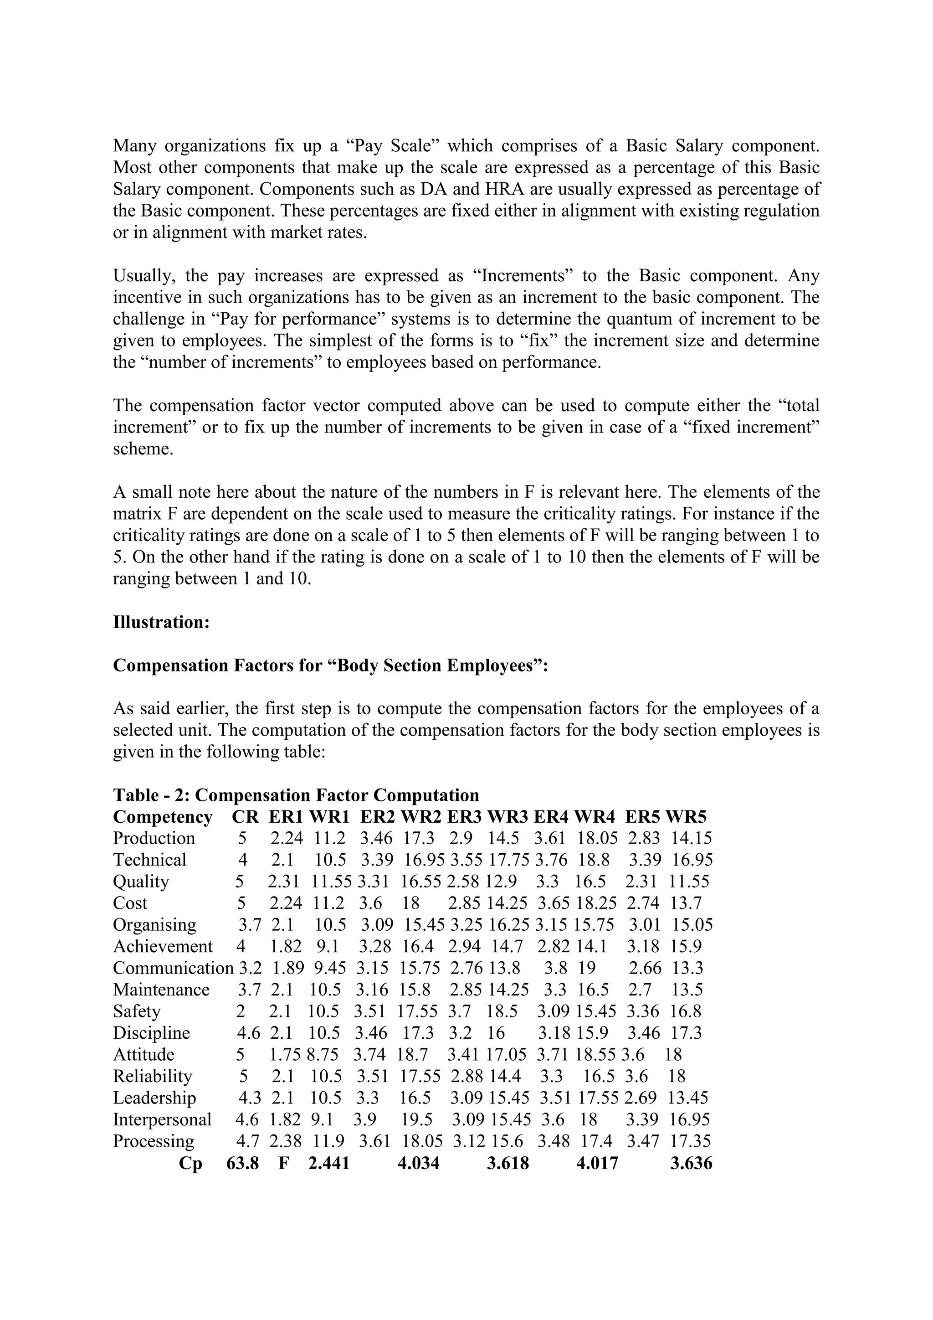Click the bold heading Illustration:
tap(161, 622)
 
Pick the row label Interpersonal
tap(162, 1119)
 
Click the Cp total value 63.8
tap(242, 1164)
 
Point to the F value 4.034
tap(418, 1164)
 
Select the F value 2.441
tap(328, 1164)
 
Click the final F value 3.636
tap(691, 1164)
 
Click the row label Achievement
tap(163, 946)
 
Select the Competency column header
tap(163, 817)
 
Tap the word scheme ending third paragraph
tap(143, 449)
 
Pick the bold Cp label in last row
tap(190, 1164)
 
